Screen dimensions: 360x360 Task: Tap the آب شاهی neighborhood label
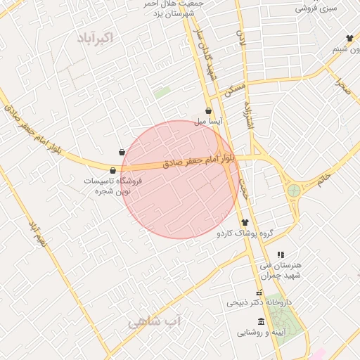click(x=154, y=323)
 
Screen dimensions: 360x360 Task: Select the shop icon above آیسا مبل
click(x=208, y=110)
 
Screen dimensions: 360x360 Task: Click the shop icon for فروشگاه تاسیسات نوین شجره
click(x=112, y=169)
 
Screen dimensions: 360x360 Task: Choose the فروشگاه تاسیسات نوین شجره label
click(x=112, y=186)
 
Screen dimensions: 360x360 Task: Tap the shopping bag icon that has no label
click(x=122, y=151)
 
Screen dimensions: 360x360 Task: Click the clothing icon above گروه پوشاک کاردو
click(x=245, y=222)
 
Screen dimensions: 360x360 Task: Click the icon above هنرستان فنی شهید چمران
click(x=281, y=255)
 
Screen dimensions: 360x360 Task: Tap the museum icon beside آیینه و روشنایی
click(x=262, y=321)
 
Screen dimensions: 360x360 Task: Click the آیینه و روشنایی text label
click(x=260, y=332)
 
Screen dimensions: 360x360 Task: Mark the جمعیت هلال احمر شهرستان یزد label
click(x=174, y=8)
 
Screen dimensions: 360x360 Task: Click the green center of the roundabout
click(x=294, y=190)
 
